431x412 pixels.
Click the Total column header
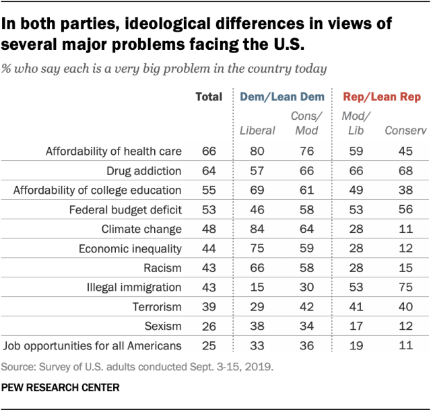[208, 97]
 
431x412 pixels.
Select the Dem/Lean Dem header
[278, 97]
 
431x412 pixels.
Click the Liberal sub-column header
[257, 130]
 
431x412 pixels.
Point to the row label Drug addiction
[139, 170]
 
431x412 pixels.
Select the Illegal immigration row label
[133, 287]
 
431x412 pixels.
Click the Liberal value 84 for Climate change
[257, 229]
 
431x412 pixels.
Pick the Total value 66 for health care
[209, 151]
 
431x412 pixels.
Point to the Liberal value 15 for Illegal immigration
[257, 287]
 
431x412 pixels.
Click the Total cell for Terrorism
[209, 307]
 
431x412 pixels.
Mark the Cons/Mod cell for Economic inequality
[306, 248]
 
